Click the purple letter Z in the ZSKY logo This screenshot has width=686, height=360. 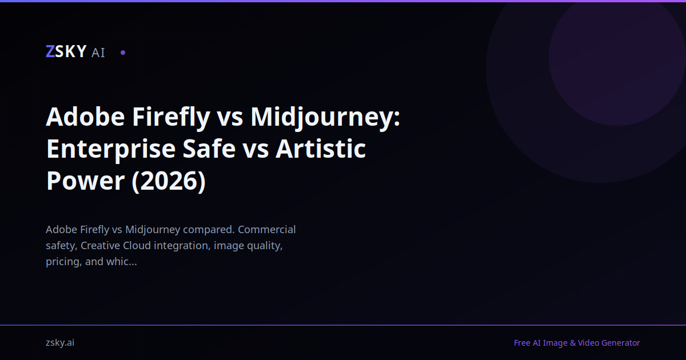click(50, 51)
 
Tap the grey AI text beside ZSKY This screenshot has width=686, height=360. click(98, 53)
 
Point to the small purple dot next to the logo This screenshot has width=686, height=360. click(123, 53)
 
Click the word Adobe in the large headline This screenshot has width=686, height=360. click(85, 117)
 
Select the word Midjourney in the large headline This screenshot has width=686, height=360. click(325, 117)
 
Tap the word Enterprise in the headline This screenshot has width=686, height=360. click(111, 149)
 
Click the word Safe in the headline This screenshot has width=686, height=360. click(209, 149)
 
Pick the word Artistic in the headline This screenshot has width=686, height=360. click(321, 149)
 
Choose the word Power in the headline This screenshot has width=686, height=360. click(85, 181)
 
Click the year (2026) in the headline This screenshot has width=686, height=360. click(169, 181)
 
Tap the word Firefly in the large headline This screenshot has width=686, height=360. click(171, 117)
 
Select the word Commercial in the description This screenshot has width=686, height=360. click(266, 230)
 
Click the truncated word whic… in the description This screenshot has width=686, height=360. click(121, 262)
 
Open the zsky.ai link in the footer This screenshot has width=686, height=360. click(60, 343)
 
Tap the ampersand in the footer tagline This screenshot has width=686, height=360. click(573, 343)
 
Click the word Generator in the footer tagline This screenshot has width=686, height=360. click(621, 343)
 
